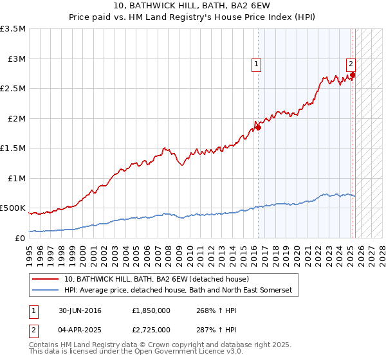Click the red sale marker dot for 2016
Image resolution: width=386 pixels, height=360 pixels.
click(x=258, y=127)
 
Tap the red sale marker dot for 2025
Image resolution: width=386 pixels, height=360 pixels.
click(x=353, y=75)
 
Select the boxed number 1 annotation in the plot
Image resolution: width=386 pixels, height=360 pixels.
click(x=256, y=64)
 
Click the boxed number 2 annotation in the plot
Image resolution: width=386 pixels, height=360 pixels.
click(x=351, y=64)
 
